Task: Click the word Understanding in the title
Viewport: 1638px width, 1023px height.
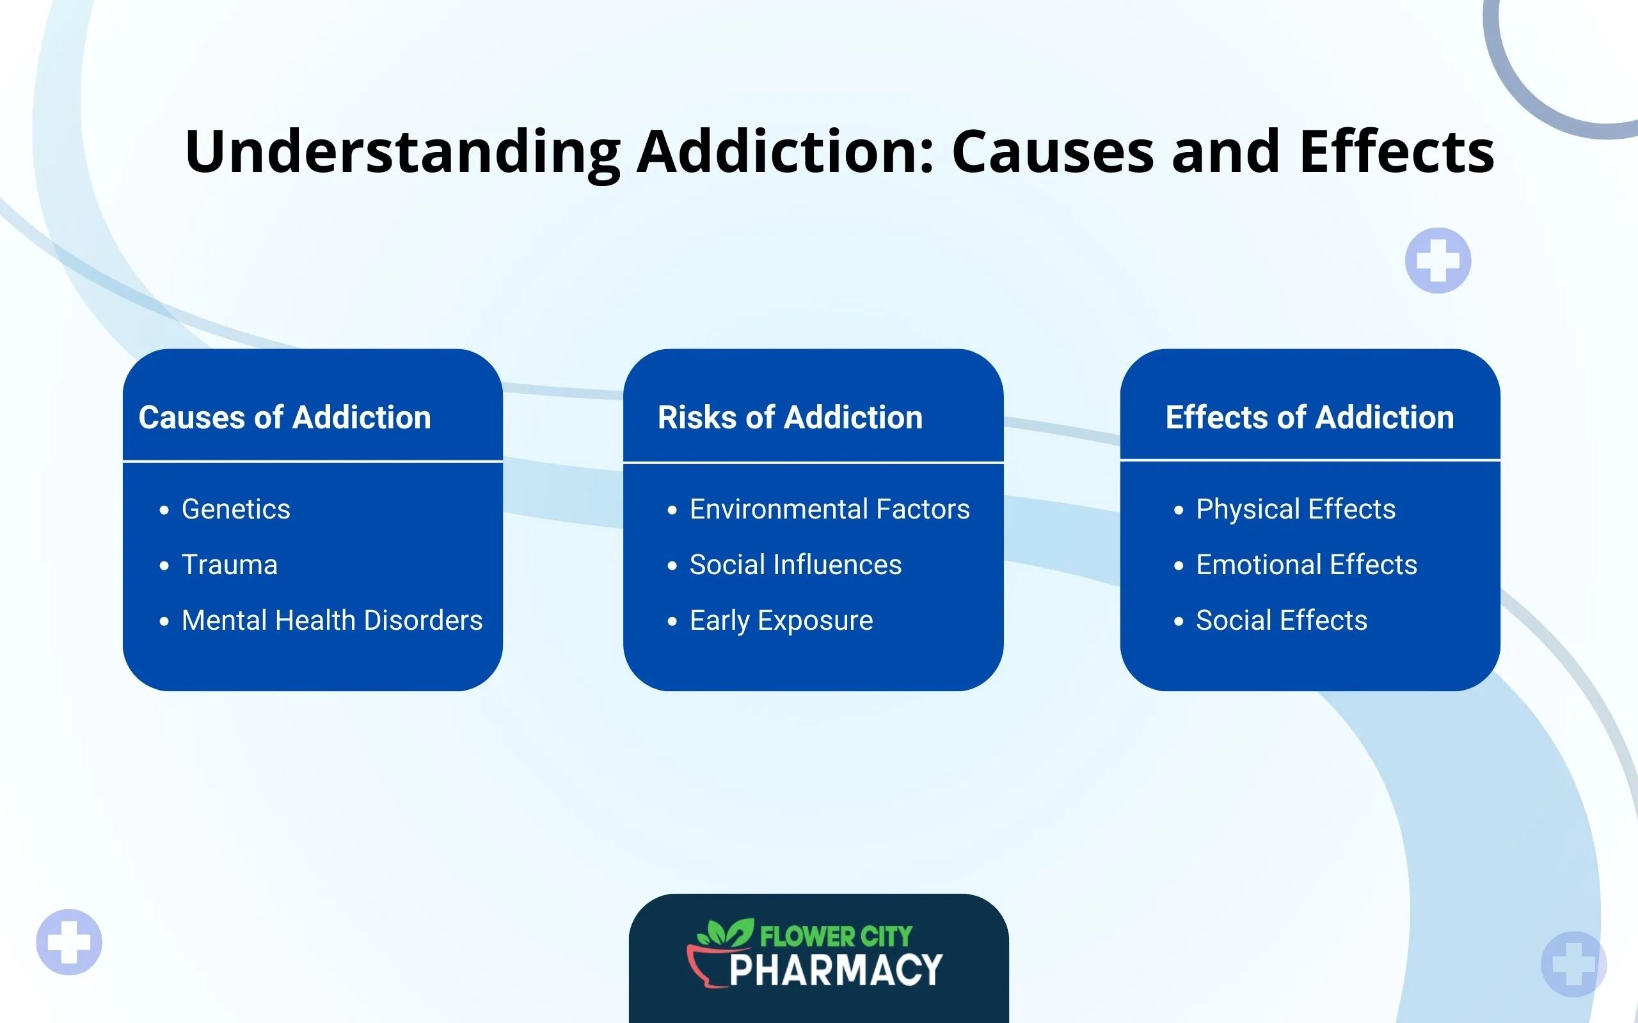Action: pyautogui.click(x=402, y=152)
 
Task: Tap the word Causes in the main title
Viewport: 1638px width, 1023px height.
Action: pyautogui.click(x=1053, y=152)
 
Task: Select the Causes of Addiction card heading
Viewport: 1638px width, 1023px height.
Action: pyautogui.click(x=284, y=418)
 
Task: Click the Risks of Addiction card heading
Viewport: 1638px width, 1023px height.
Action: pyautogui.click(x=790, y=418)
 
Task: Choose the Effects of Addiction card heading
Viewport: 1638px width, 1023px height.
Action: pyautogui.click(x=1310, y=418)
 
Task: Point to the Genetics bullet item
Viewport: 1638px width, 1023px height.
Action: pyautogui.click(x=235, y=509)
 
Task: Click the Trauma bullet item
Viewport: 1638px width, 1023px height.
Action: pyautogui.click(x=230, y=565)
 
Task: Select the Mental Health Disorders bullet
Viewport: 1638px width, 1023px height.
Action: pyautogui.click(x=331, y=620)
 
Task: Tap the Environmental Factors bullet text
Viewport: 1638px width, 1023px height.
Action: pyautogui.click(x=829, y=509)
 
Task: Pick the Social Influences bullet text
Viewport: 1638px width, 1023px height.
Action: pyautogui.click(x=795, y=565)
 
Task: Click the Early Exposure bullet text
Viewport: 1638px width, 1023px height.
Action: pyautogui.click(x=781, y=620)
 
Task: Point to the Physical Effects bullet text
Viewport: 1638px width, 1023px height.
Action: pyautogui.click(x=1296, y=509)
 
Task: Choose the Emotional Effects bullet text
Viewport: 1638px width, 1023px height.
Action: pyautogui.click(x=1307, y=565)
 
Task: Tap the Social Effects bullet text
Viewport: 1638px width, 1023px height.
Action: pyautogui.click(x=1282, y=620)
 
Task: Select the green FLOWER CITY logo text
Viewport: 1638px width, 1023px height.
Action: pyautogui.click(x=836, y=937)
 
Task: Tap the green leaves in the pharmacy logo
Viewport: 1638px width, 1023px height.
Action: pyautogui.click(x=726, y=933)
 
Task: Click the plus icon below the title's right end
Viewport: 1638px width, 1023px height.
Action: pyautogui.click(x=1438, y=260)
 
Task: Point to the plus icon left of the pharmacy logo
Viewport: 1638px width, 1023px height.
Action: pyautogui.click(x=69, y=942)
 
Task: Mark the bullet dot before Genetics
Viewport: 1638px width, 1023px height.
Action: pyautogui.click(x=164, y=510)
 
